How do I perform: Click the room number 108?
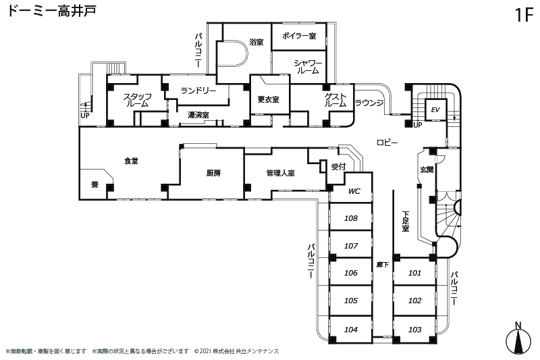click(x=350, y=218)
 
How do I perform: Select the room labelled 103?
click(x=415, y=330)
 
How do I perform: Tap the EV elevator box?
click(x=435, y=109)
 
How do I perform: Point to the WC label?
click(x=354, y=191)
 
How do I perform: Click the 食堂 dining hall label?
click(x=131, y=161)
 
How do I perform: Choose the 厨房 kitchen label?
click(x=213, y=173)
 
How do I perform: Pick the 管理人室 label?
click(x=280, y=173)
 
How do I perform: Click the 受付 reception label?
click(x=338, y=166)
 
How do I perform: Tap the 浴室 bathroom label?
click(x=256, y=42)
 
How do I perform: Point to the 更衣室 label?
click(x=268, y=99)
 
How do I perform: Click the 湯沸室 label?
click(x=198, y=115)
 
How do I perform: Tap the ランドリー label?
click(x=198, y=91)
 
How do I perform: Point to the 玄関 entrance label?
click(x=427, y=170)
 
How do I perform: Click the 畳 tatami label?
click(x=94, y=183)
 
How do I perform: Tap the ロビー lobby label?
click(x=387, y=142)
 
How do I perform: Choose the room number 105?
click(x=350, y=301)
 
